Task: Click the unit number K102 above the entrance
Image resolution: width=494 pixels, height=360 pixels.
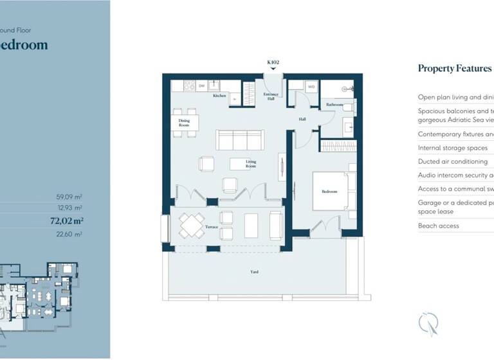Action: click(273, 62)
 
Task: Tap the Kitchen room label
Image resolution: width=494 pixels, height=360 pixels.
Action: click(220, 96)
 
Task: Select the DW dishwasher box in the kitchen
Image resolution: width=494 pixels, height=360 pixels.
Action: click(201, 85)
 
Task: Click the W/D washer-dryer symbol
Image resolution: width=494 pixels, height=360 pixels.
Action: click(311, 85)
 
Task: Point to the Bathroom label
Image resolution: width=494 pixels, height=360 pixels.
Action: click(334, 104)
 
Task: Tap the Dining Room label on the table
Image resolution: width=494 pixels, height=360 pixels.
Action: click(184, 122)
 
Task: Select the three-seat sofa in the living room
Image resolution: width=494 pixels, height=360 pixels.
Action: click(240, 139)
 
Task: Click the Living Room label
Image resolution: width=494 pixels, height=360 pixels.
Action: click(250, 164)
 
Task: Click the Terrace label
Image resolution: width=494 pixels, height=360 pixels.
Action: click(212, 227)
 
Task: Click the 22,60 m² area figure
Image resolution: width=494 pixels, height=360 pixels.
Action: click(69, 235)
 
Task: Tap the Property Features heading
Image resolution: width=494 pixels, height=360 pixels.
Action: click(454, 68)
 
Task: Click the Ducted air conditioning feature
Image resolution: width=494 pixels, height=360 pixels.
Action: click(453, 161)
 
